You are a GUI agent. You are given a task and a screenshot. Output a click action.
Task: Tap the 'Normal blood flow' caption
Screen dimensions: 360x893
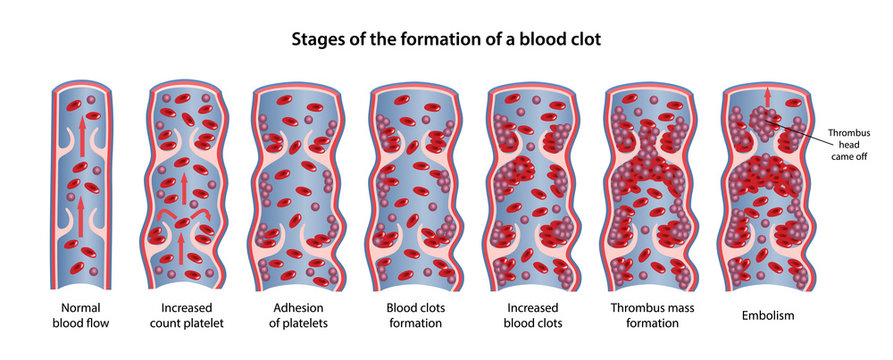click(81, 314)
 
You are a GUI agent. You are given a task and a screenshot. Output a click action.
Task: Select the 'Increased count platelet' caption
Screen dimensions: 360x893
click(191, 314)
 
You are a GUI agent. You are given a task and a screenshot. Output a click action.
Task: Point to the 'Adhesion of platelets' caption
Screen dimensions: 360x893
click(299, 314)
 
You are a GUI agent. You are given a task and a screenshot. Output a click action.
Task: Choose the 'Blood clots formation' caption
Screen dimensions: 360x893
click(417, 314)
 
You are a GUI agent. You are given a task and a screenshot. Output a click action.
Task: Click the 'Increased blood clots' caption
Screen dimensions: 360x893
click(535, 314)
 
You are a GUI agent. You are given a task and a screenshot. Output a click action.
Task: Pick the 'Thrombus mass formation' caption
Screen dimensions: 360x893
click(654, 314)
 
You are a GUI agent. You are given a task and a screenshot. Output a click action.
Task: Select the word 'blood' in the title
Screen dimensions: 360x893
click(538, 41)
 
